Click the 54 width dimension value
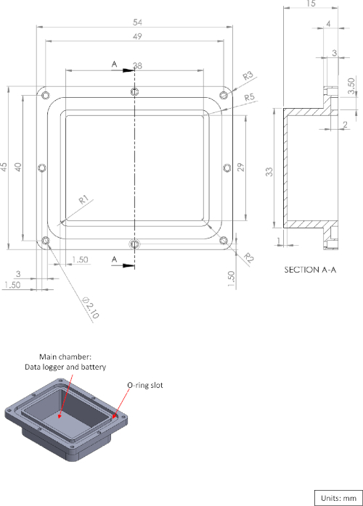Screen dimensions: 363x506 [x=137, y=22]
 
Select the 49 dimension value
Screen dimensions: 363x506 [x=137, y=36]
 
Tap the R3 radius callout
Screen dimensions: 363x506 [x=248, y=76]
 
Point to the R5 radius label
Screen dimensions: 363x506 [x=249, y=97]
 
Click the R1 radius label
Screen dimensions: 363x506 [x=83, y=200]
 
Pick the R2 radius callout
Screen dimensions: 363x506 [x=248, y=257]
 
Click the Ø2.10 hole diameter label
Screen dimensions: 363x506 [x=91, y=307]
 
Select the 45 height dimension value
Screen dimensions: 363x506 [x=4, y=167]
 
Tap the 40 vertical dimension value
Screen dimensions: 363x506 [x=17, y=167]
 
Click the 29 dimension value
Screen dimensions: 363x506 [x=241, y=167]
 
